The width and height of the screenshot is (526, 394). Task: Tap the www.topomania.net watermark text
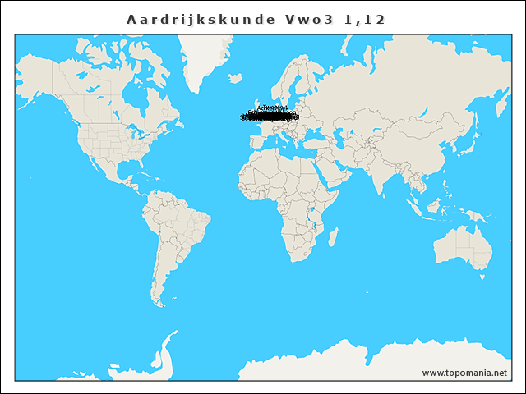click(x=464, y=373)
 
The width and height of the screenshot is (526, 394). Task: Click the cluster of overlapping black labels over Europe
click(x=270, y=116)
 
